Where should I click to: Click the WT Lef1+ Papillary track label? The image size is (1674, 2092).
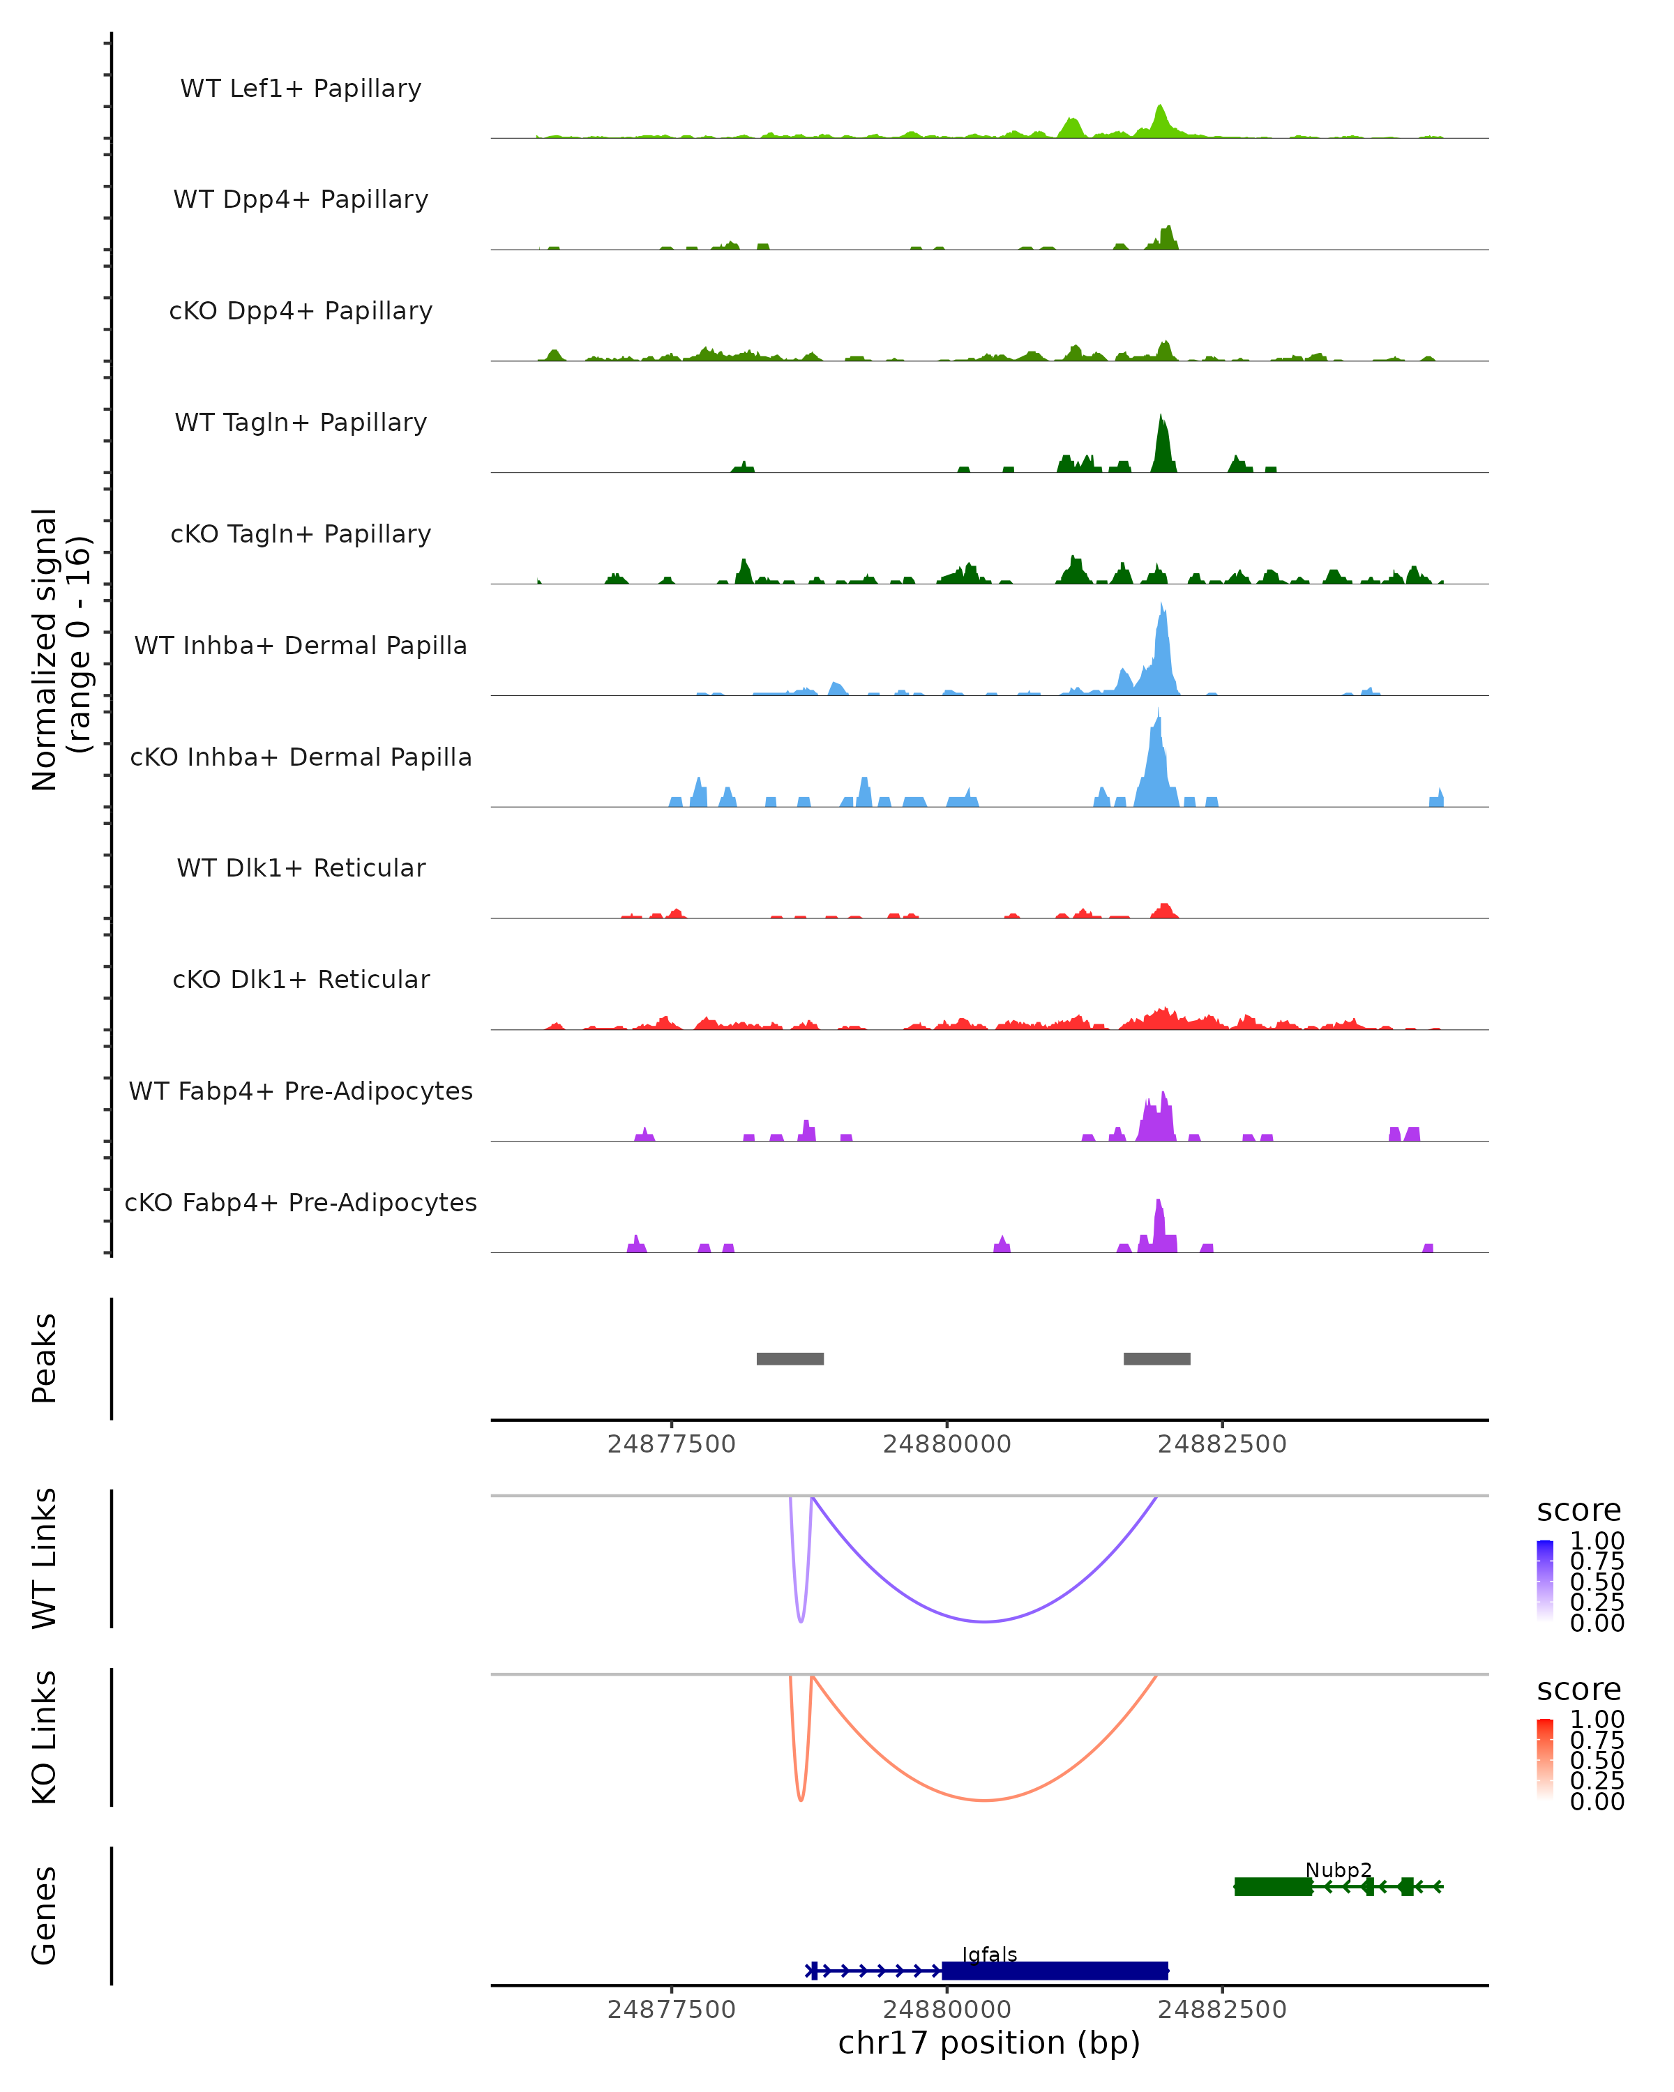point(301,89)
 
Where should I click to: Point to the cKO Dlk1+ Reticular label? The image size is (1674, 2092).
point(301,979)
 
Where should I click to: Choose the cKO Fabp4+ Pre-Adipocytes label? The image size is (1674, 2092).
point(301,1202)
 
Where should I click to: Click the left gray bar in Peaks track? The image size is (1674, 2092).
point(790,1358)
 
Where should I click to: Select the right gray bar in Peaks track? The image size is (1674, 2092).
point(1156,1358)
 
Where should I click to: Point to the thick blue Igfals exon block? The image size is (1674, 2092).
point(1055,1970)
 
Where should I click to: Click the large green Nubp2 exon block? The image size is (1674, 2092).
point(1272,1886)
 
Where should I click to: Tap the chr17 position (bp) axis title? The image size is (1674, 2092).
point(989,2043)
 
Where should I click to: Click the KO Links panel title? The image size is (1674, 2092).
point(45,1738)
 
